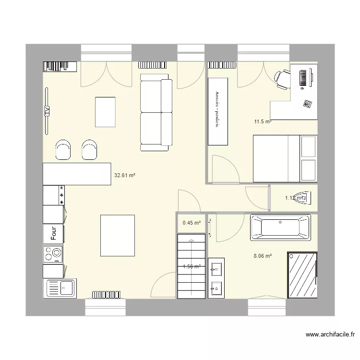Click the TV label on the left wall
[47, 111]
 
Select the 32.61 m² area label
[124, 176]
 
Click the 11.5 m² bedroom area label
[263, 122]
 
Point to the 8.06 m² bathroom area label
[263, 256]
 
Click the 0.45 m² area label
[192, 222]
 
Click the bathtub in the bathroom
[280, 227]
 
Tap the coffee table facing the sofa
[105, 111]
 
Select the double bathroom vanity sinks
[216, 277]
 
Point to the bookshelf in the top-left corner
[60, 66]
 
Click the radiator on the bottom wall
[105, 294]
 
